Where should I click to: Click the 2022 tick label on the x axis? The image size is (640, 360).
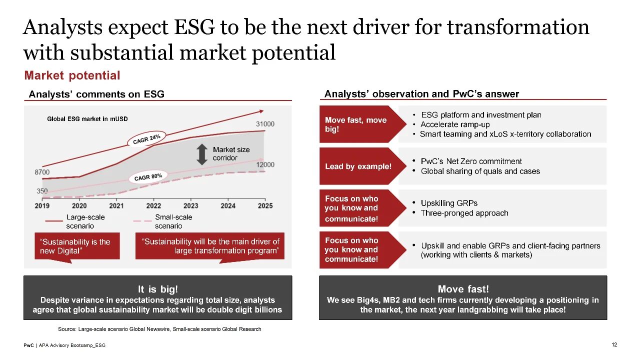pyautogui.click(x=153, y=205)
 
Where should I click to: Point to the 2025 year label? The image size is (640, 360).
pyautogui.click(x=265, y=205)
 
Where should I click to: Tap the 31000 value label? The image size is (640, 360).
pyautogui.click(x=265, y=124)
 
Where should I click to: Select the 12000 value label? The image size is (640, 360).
pyautogui.click(x=265, y=164)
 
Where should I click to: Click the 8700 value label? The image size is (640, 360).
pyautogui.click(x=42, y=172)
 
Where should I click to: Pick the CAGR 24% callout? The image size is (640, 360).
pyautogui.click(x=146, y=139)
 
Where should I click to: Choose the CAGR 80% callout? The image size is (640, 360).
pyautogui.click(x=148, y=177)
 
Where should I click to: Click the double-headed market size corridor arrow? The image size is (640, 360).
pyautogui.click(x=202, y=154)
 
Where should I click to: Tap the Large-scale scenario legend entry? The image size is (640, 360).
pyautogui.click(x=75, y=221)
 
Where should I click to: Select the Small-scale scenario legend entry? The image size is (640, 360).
pyautogui.click(x=162, y=221)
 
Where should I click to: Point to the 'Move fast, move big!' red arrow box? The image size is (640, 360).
pyautogui.click(x=363, y=124)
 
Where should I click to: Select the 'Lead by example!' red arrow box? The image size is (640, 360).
pyautogui.click(x=363, y=166)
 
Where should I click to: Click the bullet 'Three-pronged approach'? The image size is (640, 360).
pyautogui.click(x=464, y=213)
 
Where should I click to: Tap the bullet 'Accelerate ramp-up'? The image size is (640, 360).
pyautogui.click(x=455, y=124)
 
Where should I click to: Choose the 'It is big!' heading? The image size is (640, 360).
pyautogui.click(x=157, y=289)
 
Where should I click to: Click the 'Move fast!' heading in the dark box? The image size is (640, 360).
pyautogui.click(x=463, y=289)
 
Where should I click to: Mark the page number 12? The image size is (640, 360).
pyautogui.click(x=614, y=344)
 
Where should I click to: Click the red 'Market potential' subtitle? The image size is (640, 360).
pyautogui.click(x=72, y=75)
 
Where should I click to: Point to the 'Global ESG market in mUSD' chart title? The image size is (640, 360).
pyautogui.click(x=87, y=119)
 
